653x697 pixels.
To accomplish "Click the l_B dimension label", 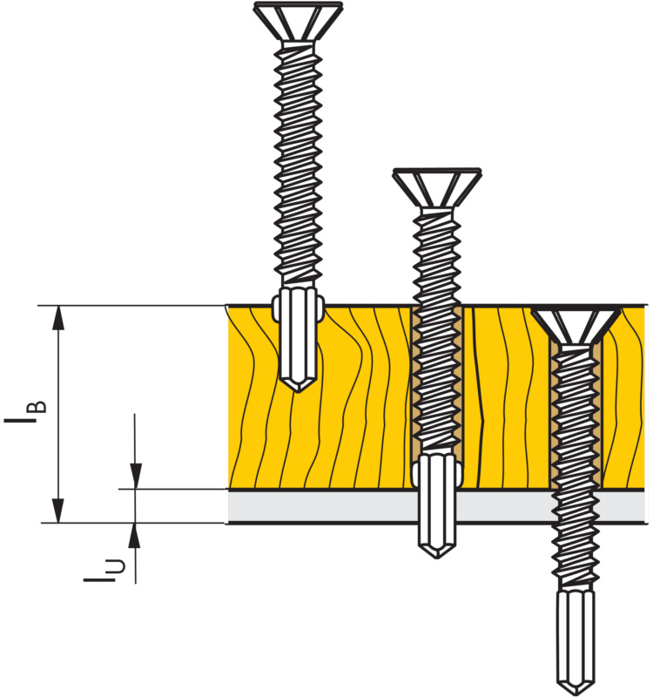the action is click(x=25, y=411).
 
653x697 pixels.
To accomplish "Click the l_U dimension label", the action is click(x=104, y=570).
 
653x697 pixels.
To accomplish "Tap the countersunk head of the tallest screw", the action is click(x=298, y=21).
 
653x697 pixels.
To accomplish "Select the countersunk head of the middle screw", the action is click(x=437, y=187).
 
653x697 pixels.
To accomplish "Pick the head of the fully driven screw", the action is click(x=576, y=325).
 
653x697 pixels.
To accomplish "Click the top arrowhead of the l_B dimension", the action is click(x=58, y=317).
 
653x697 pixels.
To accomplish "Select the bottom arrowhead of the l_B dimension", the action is click(x=58, y=511).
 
